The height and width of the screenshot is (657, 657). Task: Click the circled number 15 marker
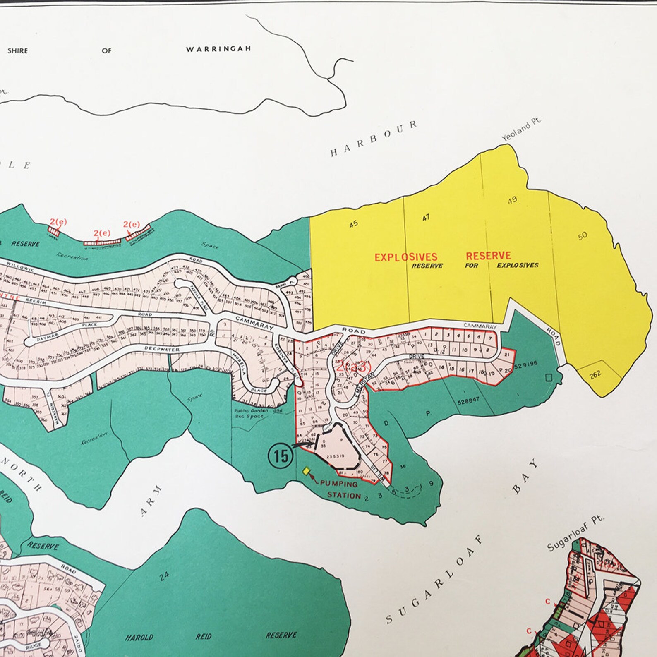point(281,456)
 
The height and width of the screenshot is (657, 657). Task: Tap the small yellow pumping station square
point(306,470)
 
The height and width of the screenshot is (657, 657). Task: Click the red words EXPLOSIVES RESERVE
point(442,257)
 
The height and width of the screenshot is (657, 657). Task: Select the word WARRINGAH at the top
point(218,49)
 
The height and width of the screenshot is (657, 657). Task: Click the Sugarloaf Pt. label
point(575,534)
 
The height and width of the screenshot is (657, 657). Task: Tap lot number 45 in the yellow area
point(353,224)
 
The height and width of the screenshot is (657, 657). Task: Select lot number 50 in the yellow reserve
point(582,236)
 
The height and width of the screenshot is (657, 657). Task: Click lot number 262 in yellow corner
point(595,374)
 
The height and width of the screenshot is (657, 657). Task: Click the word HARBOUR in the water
point(374,139)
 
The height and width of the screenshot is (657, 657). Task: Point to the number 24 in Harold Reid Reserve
point(164,576)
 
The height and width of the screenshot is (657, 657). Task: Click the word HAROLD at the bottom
point(139,638)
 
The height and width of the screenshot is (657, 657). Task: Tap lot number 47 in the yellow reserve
point(426,217)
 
